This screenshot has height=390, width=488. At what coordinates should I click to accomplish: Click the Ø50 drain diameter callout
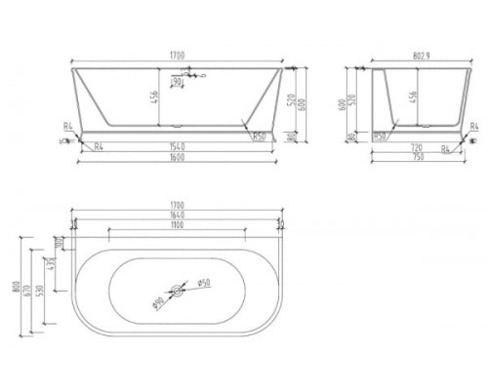[x=204, y=284]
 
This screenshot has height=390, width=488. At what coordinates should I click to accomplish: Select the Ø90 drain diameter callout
[x=158, y=300]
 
